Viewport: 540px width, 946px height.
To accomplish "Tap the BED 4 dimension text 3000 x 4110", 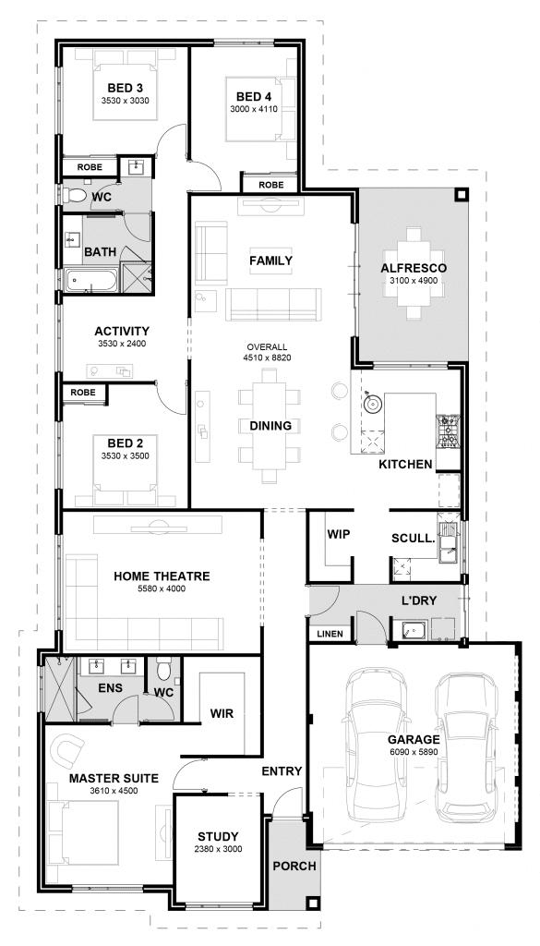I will (x=253, y=110).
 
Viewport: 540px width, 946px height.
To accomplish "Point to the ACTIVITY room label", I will (x=122, y=331).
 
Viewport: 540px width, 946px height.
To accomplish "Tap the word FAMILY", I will (x=270, y=261).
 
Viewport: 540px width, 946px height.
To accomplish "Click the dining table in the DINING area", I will (x=270, y=425).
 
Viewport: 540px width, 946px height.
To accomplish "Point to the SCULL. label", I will (x=413, y=537).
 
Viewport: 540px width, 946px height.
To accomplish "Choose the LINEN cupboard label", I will (x=330, y=633).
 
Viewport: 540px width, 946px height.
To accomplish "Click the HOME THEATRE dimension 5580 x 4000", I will (x=162, y=589).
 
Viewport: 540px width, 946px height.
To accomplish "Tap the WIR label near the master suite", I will (x=222, y=712).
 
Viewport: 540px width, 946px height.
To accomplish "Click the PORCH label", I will (x=294, y=866).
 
